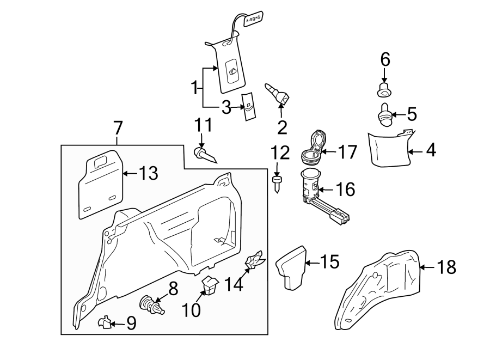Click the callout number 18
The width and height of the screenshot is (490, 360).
tap(446, 267)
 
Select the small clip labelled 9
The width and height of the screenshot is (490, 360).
tap(103, 324)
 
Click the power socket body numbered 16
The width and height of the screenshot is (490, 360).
tap(312, 188)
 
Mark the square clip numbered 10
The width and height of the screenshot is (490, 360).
tap(210, 284)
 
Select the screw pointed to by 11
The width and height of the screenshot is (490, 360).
tap(204, 154)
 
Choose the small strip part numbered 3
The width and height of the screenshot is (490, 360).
tap(249, 108)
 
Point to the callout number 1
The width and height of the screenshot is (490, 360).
tap(194, 87)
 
